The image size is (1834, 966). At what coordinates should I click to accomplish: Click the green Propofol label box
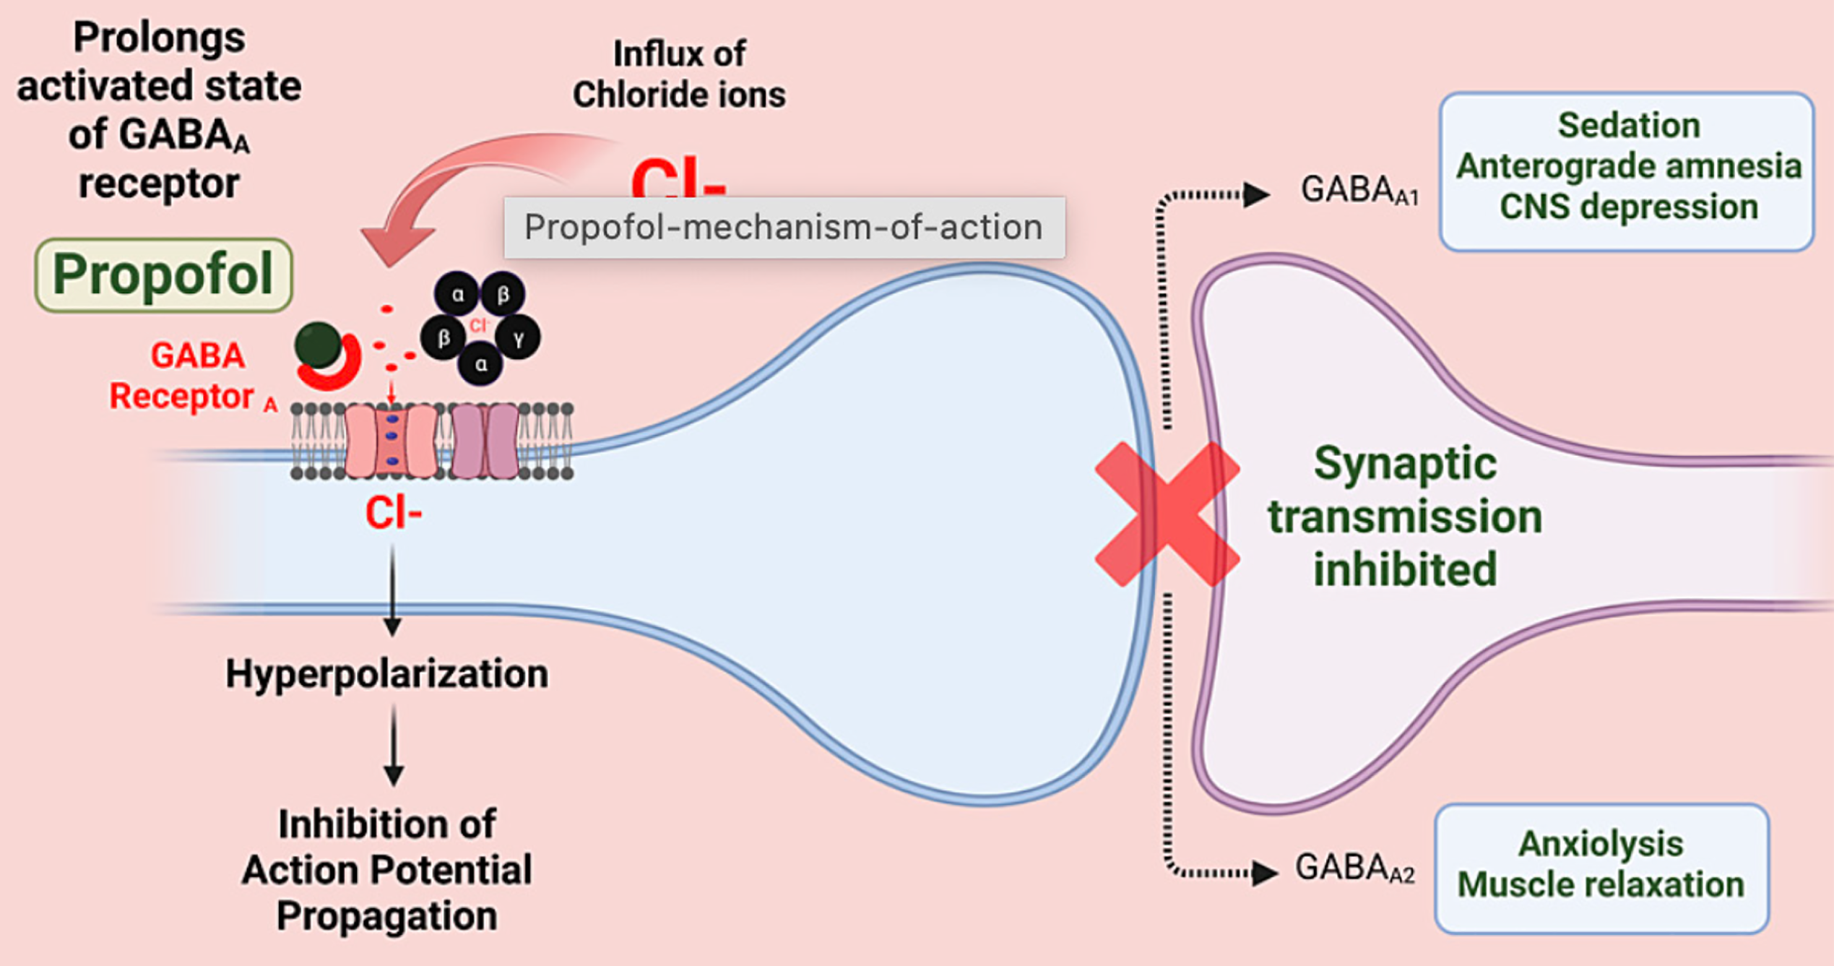(x=163, y=275)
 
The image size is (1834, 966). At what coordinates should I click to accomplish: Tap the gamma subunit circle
(x=518, y=337)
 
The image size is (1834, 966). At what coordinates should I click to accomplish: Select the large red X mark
(x=1167, y=514)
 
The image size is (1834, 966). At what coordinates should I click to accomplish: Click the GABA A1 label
(x=1359, y=191)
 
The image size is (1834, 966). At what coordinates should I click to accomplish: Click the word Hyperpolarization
(x=386, y=674)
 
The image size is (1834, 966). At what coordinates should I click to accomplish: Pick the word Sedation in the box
(x=1628, y=126)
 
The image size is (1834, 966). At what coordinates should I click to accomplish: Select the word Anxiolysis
(x=1601, y=844)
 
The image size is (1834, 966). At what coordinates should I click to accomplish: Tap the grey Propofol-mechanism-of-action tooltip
(x=784, y=228)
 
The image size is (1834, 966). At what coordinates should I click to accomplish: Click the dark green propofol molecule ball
(x=318, y=345)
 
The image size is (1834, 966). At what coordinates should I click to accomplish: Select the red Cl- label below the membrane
(x=393, y=514)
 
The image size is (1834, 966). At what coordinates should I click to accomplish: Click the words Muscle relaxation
(x=1601, y=885)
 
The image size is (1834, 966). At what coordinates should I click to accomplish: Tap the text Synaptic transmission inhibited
(x=1404, y=516)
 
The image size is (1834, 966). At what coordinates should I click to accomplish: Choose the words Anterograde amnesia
(x=1628, y=166)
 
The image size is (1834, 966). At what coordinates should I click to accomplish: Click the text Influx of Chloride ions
(x=678, y=74)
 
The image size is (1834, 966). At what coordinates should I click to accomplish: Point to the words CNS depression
(x=1628, y=207)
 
